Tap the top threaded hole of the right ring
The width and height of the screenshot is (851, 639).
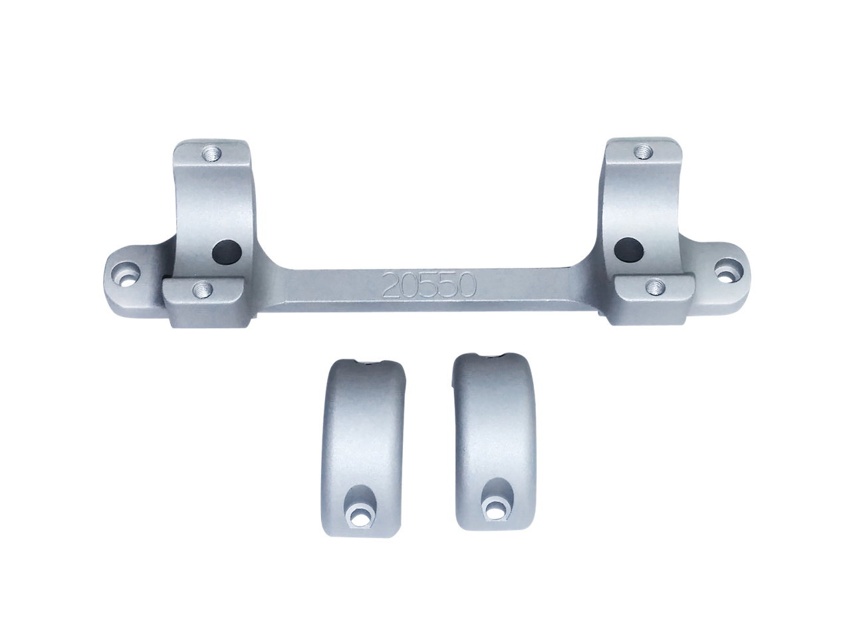pyautogui.click(x=642, y=152)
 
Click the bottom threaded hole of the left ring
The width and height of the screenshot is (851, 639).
pyautogui.click(x=202, y=288)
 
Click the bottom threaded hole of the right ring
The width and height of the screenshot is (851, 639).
pyautogui.click(x=656, y=286)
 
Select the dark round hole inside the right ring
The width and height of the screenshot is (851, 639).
pyautogui.click(x=629, y=249)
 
